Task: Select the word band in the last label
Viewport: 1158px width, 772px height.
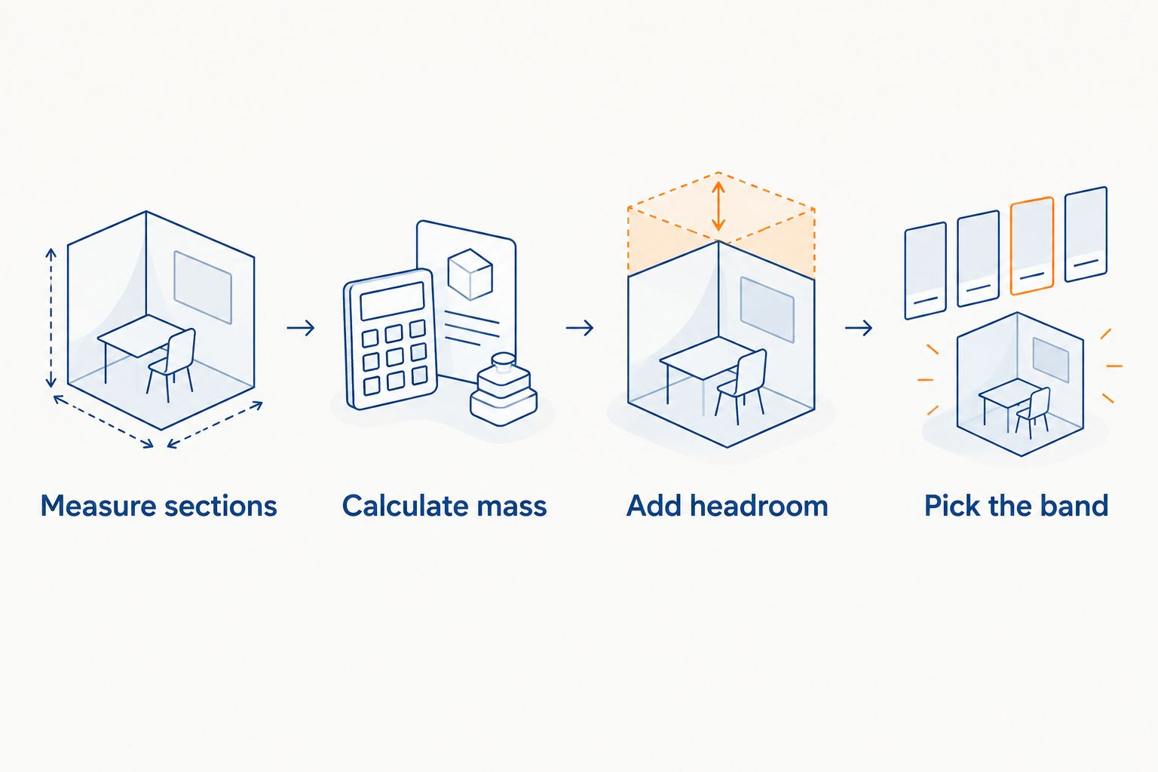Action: [1077, 506]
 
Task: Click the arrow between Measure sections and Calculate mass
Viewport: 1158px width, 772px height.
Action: [301, 328]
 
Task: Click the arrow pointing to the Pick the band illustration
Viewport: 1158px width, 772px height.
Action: [859, 328]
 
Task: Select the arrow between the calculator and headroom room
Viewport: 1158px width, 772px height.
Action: [580, 328]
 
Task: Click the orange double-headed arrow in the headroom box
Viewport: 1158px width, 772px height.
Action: [718, 206]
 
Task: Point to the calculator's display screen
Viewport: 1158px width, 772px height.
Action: [392, 302]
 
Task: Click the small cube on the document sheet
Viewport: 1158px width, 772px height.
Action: [470, 274]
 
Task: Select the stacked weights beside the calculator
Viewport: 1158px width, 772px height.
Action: [504, 389]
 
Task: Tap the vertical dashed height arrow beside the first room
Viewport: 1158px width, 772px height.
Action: [51, 318]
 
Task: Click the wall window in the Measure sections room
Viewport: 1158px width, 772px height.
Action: [203, 287]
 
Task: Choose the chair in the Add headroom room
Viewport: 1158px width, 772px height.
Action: [741, 386]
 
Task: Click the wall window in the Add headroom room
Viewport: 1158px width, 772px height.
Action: [767, 310]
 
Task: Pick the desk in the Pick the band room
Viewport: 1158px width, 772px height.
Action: [1002, 401]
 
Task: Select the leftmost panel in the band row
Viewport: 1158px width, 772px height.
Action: [925, 271]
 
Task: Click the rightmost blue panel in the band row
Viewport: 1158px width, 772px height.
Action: [1086, 234]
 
